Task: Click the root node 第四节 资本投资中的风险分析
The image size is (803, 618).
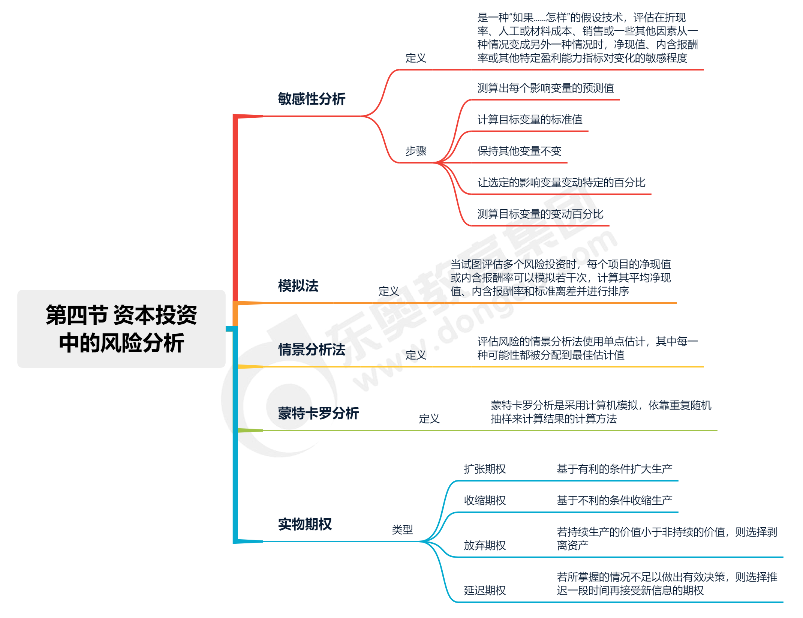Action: (x=121, y=328)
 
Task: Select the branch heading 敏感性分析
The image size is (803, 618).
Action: (x=312, y=99)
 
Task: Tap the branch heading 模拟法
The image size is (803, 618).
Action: (x=298, y=286)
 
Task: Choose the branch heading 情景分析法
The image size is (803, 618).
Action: (x=312, y=349)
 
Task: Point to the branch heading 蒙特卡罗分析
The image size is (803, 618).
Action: (x=318, y=413)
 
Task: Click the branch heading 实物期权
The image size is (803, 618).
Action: (x=305, y=524)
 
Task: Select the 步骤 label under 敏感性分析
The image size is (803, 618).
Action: (x=416, y=151)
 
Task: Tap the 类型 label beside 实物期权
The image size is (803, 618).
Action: (x=402, y=530)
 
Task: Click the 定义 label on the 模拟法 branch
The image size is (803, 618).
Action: (x=389, y=291)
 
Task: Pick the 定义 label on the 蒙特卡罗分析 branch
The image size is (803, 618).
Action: (x=429, y=419)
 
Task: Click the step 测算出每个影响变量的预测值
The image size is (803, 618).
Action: (x=545, y=88)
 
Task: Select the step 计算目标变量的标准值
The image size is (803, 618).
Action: (x=530, y=120)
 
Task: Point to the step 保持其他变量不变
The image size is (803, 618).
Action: (x=519, y=151)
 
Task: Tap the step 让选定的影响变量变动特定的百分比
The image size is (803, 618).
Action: (x=561, y=183)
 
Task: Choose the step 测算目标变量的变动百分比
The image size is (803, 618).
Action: (x=540, y=214)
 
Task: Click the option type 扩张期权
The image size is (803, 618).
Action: (x=485, y=469)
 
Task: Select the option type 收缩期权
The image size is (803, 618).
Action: (x=485, y=501)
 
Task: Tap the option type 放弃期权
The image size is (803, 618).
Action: (x=485, y=546)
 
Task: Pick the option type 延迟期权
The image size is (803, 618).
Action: (x=485, y=591)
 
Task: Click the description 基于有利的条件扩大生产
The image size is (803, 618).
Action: (x=614, y=469)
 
